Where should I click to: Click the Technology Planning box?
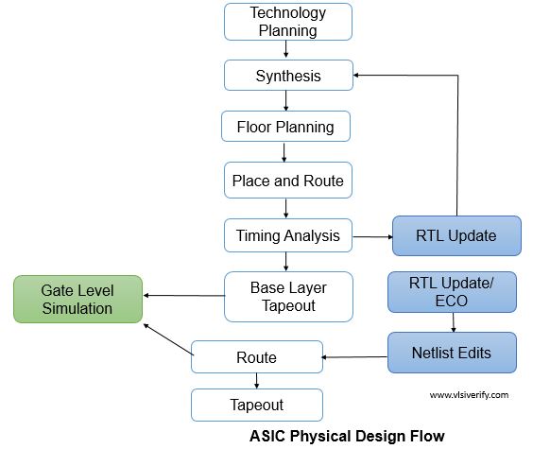(287, 22)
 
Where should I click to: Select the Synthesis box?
(287, 76)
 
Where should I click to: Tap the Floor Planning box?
(284, 127)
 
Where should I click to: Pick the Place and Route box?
(287, 180)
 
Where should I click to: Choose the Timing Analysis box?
(287, 235)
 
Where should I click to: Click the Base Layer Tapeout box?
(287, 296)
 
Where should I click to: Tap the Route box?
(256, 357)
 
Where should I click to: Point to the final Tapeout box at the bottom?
(256, 405)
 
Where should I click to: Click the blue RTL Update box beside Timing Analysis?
(456, 235)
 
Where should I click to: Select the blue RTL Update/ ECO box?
(452, 291)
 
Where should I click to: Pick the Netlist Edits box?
(452, 353)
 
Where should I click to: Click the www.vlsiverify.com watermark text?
(469, 395)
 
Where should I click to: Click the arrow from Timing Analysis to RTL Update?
(371, 235)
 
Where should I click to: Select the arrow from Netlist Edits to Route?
(355, 356)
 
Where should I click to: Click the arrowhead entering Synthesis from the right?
(358, 74)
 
